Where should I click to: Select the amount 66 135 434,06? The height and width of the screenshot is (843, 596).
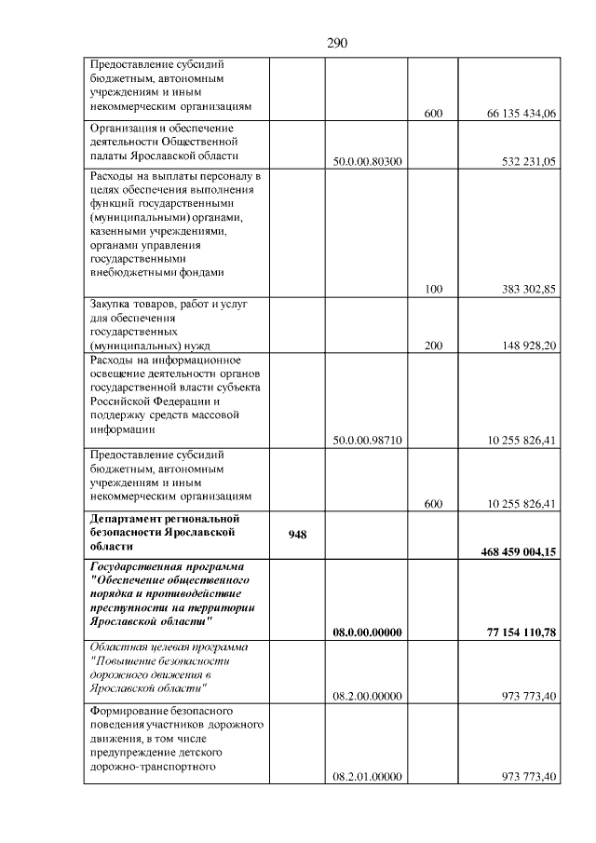pos(521,114)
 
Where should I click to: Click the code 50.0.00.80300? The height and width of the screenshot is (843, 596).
pos(367,161)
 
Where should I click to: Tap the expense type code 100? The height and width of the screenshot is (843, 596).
pos(433,290)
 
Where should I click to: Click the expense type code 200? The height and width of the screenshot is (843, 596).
pos(433,346)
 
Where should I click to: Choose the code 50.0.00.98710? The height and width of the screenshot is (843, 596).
pos(367,440)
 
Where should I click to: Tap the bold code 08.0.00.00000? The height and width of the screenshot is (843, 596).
pos(367,632)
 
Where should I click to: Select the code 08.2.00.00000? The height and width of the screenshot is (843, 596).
pos(367,696)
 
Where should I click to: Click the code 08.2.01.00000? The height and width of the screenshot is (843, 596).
pos(367,777)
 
